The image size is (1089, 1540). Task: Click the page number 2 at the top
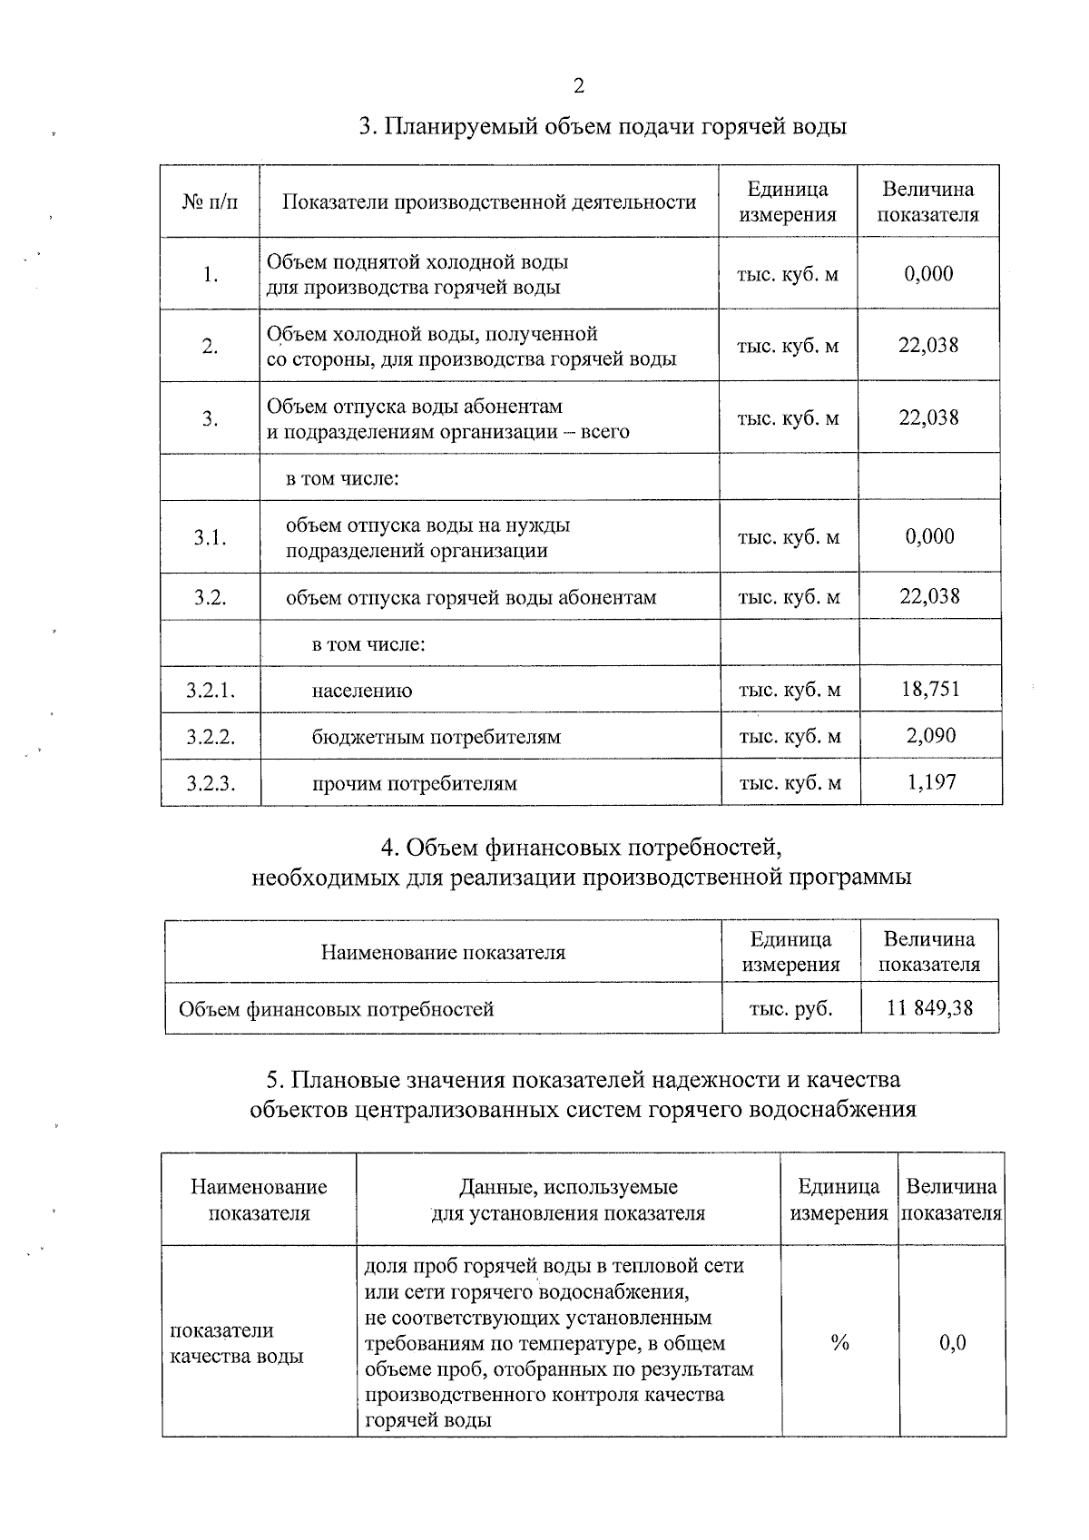(x=578, y=86)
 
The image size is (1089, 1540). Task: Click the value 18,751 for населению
(x=930, y=689)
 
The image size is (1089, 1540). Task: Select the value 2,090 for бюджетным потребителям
(x=930, y=735)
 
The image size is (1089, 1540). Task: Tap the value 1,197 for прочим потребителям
(x=931, y=781)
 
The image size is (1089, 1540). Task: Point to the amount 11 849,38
(x=930, y=1007)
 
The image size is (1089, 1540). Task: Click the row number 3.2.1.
(x=211, y=691)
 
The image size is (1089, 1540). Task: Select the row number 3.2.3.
(x=211, y=783)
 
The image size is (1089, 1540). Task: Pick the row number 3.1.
(x=210, y=537)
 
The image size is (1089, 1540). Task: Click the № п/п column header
(x=210, y=201)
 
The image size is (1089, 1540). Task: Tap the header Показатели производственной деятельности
(x=489, y=201)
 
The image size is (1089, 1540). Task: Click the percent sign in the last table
(x=839, y=1342)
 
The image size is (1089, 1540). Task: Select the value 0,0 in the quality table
(x=952, y=1342)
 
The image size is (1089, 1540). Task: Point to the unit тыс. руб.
(x=790, y=1008)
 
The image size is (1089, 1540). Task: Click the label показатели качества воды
(x=236, y=1343)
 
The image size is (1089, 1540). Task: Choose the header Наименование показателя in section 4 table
(x=443, y=952)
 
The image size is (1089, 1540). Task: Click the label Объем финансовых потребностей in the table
(x=336, y=1009)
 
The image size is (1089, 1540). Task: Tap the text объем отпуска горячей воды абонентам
(x=471, y=597)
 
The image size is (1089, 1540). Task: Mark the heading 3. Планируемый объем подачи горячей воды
(x=603, y=126)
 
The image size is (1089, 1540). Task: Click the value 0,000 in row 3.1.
(x=930, y=536)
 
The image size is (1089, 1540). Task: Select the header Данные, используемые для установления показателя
(x=568, y=1200)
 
